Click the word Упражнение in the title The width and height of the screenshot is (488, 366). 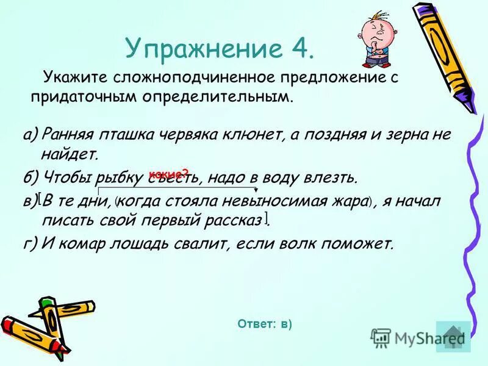pyautogui.click(x=195, y=48)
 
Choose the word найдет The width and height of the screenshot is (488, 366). pyautogui.click(x=72, y=155)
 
